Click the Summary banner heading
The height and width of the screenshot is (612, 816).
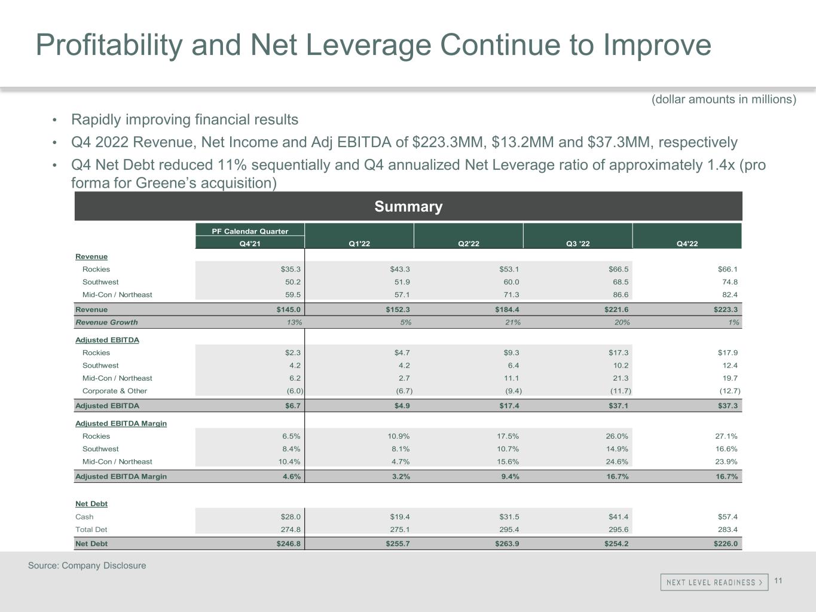[408, 207]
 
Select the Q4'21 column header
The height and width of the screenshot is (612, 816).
[250, 244]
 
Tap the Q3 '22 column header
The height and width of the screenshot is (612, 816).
[577, 244]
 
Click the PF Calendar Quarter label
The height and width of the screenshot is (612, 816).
[250, 231]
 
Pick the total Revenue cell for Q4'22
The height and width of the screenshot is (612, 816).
[725, 310]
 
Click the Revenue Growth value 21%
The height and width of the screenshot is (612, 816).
[512, 322]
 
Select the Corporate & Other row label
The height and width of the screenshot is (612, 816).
[114, 391]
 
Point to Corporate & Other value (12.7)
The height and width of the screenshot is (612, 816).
[729, 391]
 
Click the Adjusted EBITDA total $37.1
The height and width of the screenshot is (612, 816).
[616, 406]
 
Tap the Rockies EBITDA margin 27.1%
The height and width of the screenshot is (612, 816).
[725, 436]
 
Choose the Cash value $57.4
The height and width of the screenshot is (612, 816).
[727, 517]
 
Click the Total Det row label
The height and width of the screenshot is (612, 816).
[91, 530]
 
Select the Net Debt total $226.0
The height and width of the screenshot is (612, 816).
[725, 544]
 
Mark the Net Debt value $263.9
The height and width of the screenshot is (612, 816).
[506, 544]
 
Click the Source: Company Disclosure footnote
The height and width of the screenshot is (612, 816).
[87, 565]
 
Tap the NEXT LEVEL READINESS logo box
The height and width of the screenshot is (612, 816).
[714, 582]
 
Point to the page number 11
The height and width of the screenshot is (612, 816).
[778, 581]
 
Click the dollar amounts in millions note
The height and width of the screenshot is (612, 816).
[723, 99]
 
